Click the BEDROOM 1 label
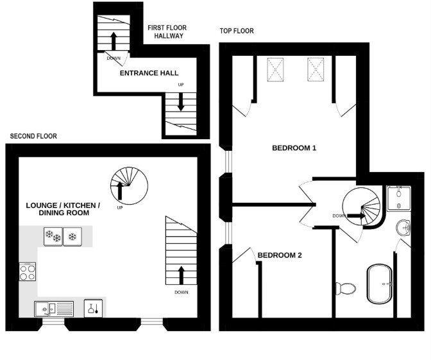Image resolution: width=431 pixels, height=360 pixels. (x=294, y=148)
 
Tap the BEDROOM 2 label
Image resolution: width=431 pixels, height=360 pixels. (x=280, y=255)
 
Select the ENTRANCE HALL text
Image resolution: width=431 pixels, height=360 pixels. (x=149, y=73)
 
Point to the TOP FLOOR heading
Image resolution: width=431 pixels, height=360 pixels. (x=236, y=31)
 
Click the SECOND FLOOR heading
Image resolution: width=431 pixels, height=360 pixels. (x=33, y=136)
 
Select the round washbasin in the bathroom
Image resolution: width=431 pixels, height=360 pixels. (x=403, y=227)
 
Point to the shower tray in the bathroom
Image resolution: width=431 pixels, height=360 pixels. (x=400, y=198)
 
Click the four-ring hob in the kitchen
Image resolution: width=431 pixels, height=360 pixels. (x=28, y=272)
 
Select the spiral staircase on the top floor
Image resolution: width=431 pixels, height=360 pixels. (x=362, y=210)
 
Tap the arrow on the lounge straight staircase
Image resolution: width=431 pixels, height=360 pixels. (x=182, y=275)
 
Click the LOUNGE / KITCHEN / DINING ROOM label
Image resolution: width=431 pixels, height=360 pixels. (x=63, y=209)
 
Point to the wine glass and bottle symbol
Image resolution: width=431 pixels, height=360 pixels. (x=94, y=309)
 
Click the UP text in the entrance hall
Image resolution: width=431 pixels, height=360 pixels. (x=181, y=85)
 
